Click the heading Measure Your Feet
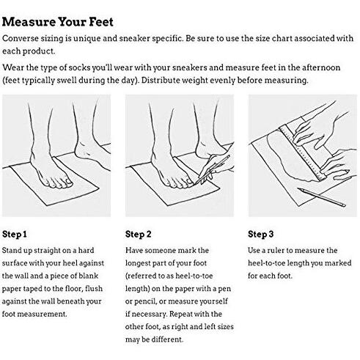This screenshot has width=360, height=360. click(58, 22)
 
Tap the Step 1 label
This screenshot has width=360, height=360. click(15, 234)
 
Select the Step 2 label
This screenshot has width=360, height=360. click(139, 234)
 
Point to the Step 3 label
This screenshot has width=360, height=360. click(261, 234)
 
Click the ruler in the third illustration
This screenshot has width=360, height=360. click(302, 153)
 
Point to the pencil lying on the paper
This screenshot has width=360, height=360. click(321, 197)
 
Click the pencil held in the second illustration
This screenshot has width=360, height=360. click(213, 169)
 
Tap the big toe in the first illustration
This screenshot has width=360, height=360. click(68, 182)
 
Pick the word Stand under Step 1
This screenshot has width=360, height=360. click(11, 251)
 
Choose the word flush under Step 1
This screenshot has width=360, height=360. click(94, 289)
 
